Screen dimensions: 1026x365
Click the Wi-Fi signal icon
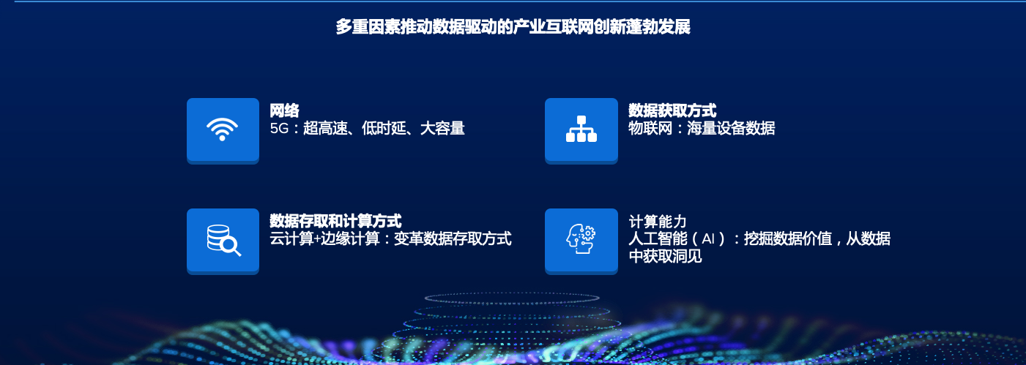tap(222, 129)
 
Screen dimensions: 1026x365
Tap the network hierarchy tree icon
tap(581, 129)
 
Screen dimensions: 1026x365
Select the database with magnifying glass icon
tap(223, 240)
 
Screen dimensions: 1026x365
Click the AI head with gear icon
tap(581, 239)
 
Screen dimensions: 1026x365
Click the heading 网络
tap(284, 110)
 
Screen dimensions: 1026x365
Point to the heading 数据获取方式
tap(672, 110)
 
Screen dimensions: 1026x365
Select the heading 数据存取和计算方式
tap(335, 222)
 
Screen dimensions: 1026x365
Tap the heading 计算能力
tap(658, 222)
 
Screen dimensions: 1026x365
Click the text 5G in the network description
tap(279, 129)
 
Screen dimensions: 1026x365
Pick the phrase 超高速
tap(325, 128)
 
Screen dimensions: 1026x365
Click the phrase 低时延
tap(384, 128)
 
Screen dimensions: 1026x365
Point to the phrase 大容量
tap(442, 128)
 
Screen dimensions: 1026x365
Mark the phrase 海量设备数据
tap(731, 128)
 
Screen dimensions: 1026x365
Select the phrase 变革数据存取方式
tap(453, 238)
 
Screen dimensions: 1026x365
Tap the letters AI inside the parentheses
tap(708, 238)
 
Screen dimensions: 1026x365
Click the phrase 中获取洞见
tap(665, 256)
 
